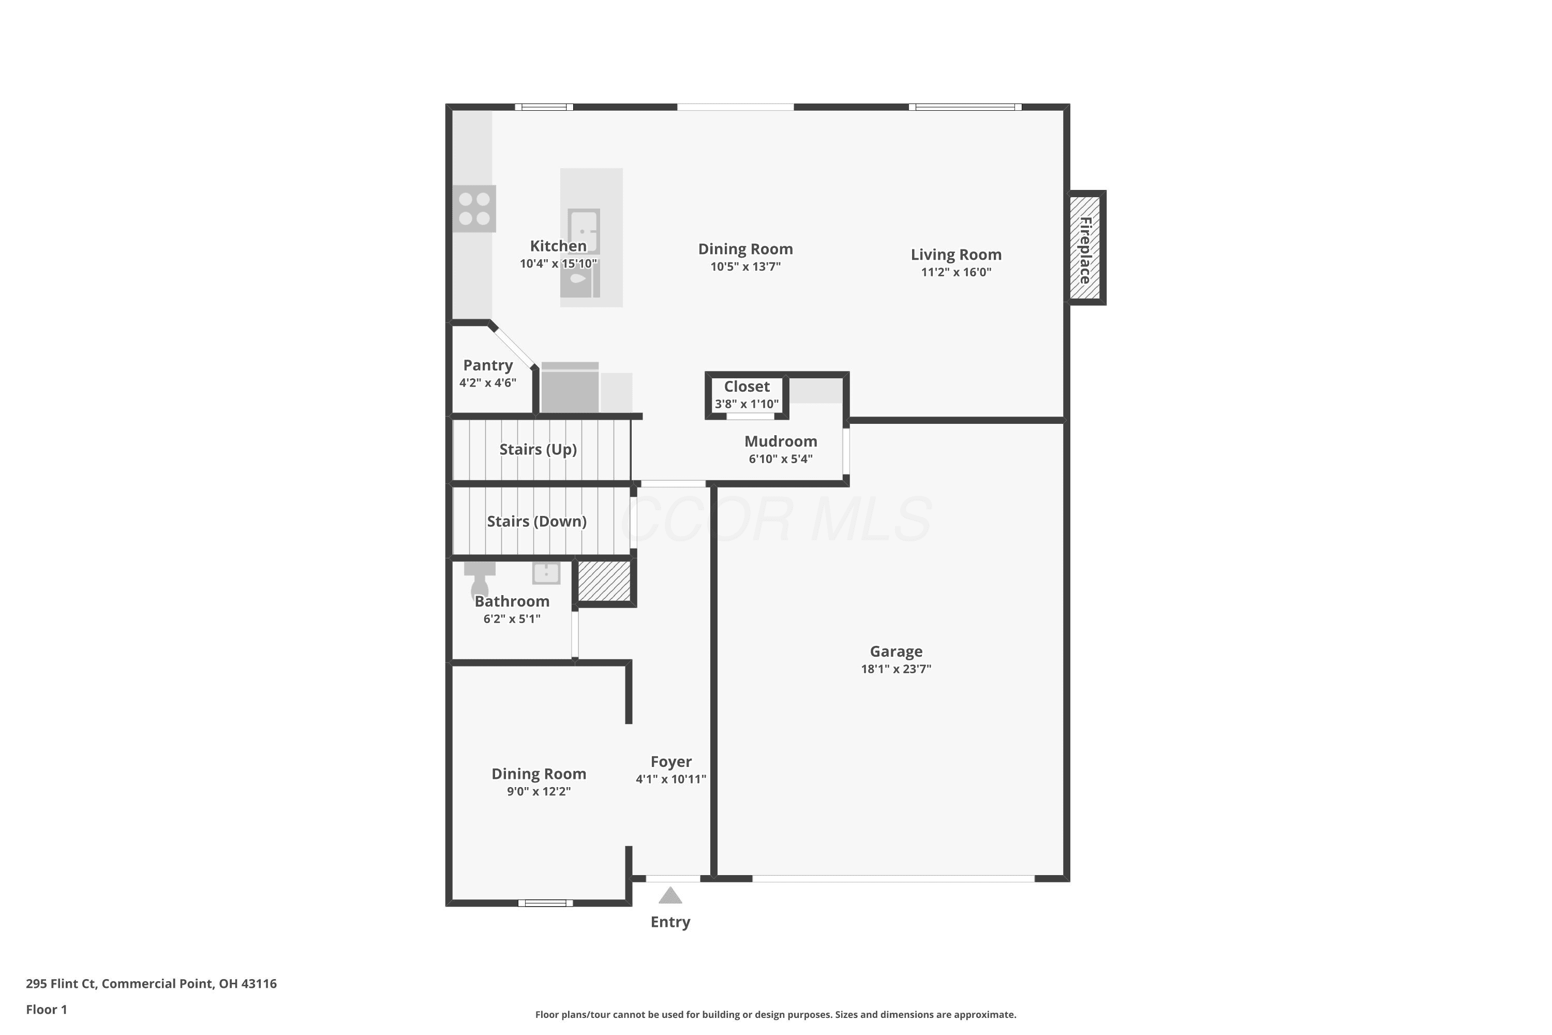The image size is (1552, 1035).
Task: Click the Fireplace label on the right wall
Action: coord(1085,250)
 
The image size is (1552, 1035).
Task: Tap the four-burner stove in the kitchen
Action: coord(474,209)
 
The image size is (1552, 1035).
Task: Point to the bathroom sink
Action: coord(546,573)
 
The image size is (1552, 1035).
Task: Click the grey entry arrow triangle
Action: coord(670,895)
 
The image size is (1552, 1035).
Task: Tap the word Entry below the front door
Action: coord(670,922)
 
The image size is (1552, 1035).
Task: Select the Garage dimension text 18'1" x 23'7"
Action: coord(896,669)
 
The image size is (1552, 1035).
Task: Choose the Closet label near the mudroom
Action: coord(747,387)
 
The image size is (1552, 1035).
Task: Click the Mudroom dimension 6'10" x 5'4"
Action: coord(781,459)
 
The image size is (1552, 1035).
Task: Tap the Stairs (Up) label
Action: coord(539,450)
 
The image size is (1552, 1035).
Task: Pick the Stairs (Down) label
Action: coord(537,522)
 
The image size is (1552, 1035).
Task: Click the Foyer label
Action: coord(671,762)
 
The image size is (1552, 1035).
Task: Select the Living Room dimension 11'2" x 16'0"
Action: coord(956,272)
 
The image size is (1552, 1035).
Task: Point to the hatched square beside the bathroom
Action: coord(604,581)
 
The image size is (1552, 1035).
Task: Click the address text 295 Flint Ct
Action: coord(62,984)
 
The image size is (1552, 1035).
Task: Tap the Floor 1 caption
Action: coord(46,1009)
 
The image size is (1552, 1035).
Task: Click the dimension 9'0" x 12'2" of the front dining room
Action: coord(539,791)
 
